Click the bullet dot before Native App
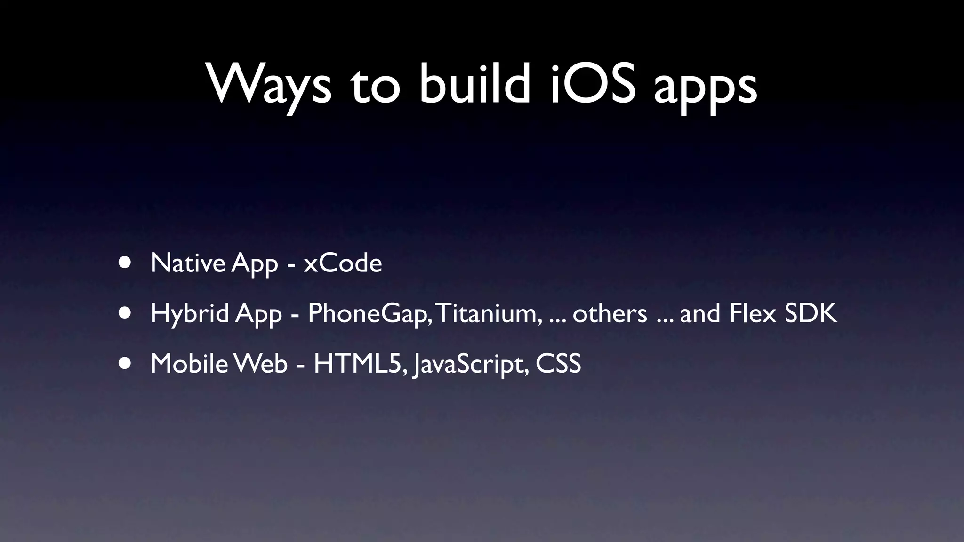[125, 263]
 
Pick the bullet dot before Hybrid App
[125, 313]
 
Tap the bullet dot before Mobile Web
[125, 363]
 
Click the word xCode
[343, 263]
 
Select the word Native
[188, 263]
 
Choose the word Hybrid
[189, 313]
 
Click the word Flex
[752, 313]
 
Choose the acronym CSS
[558, 363]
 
